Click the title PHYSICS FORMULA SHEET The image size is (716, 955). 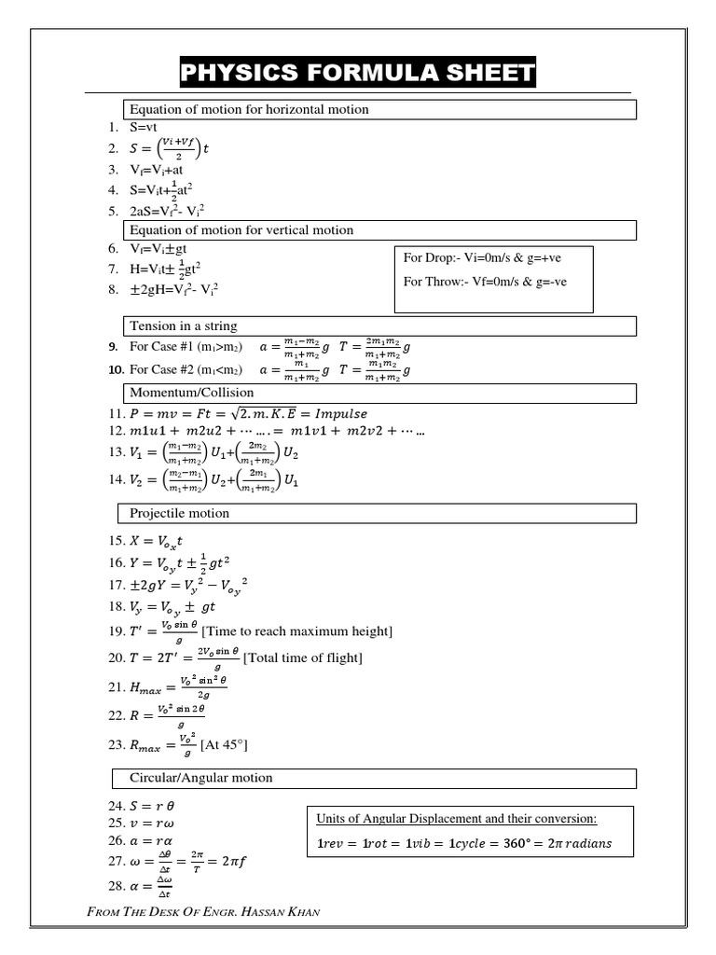[x=358, y=73]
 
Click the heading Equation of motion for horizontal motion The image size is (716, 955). [x=249, y=110]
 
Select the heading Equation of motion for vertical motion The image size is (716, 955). [x=241, y=230]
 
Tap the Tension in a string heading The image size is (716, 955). [x=184, y=326]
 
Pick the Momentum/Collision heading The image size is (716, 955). [x=191, y=393]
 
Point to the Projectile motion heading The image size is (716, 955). [x=179, y=514]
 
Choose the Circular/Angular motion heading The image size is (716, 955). [x=200, y=778]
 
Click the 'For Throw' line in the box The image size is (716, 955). [x=485, y=282]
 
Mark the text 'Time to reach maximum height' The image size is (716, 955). [x=297, y=632]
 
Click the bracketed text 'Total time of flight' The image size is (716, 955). [x=303, y=658]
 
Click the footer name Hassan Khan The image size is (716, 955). [x=281, y=911]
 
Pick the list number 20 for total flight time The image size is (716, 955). [x=116, y=658]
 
